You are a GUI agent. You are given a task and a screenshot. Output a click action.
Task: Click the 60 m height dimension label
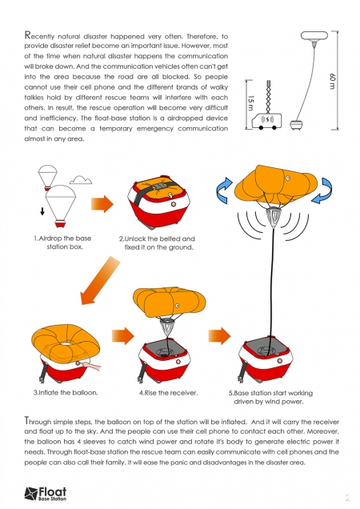332,82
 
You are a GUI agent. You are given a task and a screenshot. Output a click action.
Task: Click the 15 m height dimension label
250,103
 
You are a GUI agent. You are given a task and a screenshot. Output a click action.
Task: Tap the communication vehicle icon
267,121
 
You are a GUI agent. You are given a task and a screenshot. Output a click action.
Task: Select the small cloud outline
81,179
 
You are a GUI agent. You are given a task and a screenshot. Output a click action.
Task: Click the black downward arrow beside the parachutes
42,211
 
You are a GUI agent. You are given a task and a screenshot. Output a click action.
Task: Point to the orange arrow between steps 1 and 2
102,204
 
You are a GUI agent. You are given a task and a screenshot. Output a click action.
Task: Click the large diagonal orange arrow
100,280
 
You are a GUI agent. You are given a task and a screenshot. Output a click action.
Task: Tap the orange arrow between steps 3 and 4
123,335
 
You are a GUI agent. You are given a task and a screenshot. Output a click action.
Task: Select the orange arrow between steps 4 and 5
219,335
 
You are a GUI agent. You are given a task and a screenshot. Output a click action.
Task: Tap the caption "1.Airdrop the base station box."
62,242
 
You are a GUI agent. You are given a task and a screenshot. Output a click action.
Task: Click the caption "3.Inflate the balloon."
66,392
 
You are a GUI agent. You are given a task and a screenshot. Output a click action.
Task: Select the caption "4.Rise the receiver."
168,393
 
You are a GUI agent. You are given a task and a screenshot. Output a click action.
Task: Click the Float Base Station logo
46,494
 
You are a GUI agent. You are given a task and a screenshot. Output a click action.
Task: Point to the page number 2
348,497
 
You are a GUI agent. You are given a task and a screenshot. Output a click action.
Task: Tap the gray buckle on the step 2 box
161,186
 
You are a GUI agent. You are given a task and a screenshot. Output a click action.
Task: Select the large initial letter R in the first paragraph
28,34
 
